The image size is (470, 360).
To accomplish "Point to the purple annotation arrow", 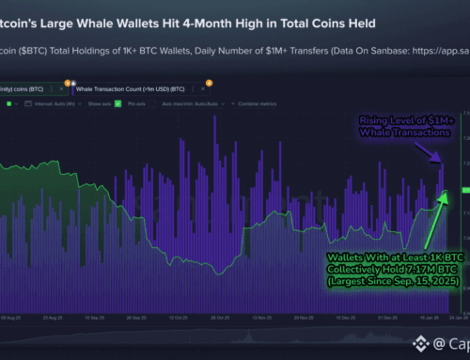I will coord(442,148).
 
